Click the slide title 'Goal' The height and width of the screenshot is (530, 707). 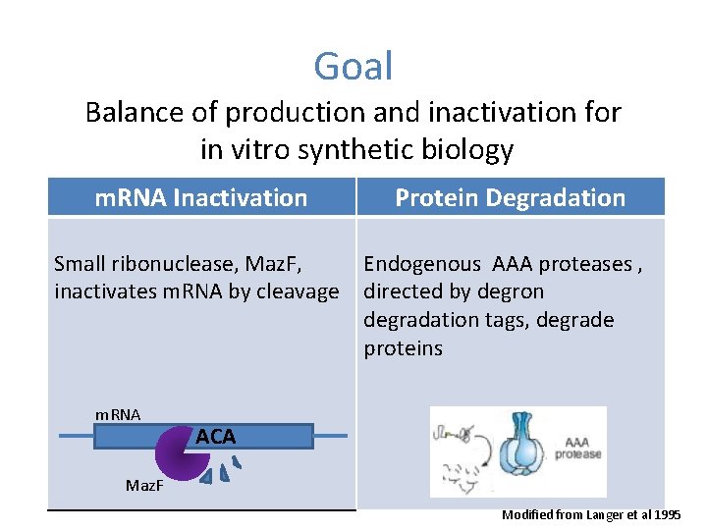[353, 67]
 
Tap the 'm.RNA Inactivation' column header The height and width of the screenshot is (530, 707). [201, 197]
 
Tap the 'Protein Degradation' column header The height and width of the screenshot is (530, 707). [510, 197]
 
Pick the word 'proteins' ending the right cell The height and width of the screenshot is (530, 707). [403, 348]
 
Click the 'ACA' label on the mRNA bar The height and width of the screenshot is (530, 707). [215, 437]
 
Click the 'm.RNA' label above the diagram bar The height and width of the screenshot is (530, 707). [118, 415]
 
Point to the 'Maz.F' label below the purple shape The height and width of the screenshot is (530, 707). [146, 485]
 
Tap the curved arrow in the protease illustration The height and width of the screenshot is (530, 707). [477, 448]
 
